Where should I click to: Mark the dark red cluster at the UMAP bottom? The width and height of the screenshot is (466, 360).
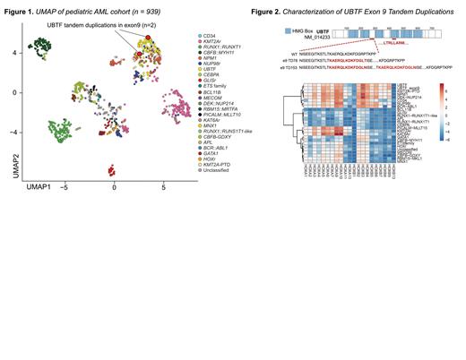(x=113, y=170)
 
